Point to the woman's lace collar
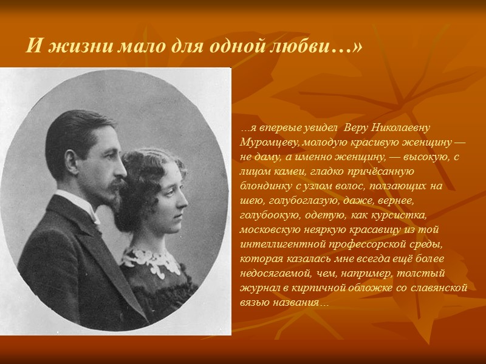[152, 260]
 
